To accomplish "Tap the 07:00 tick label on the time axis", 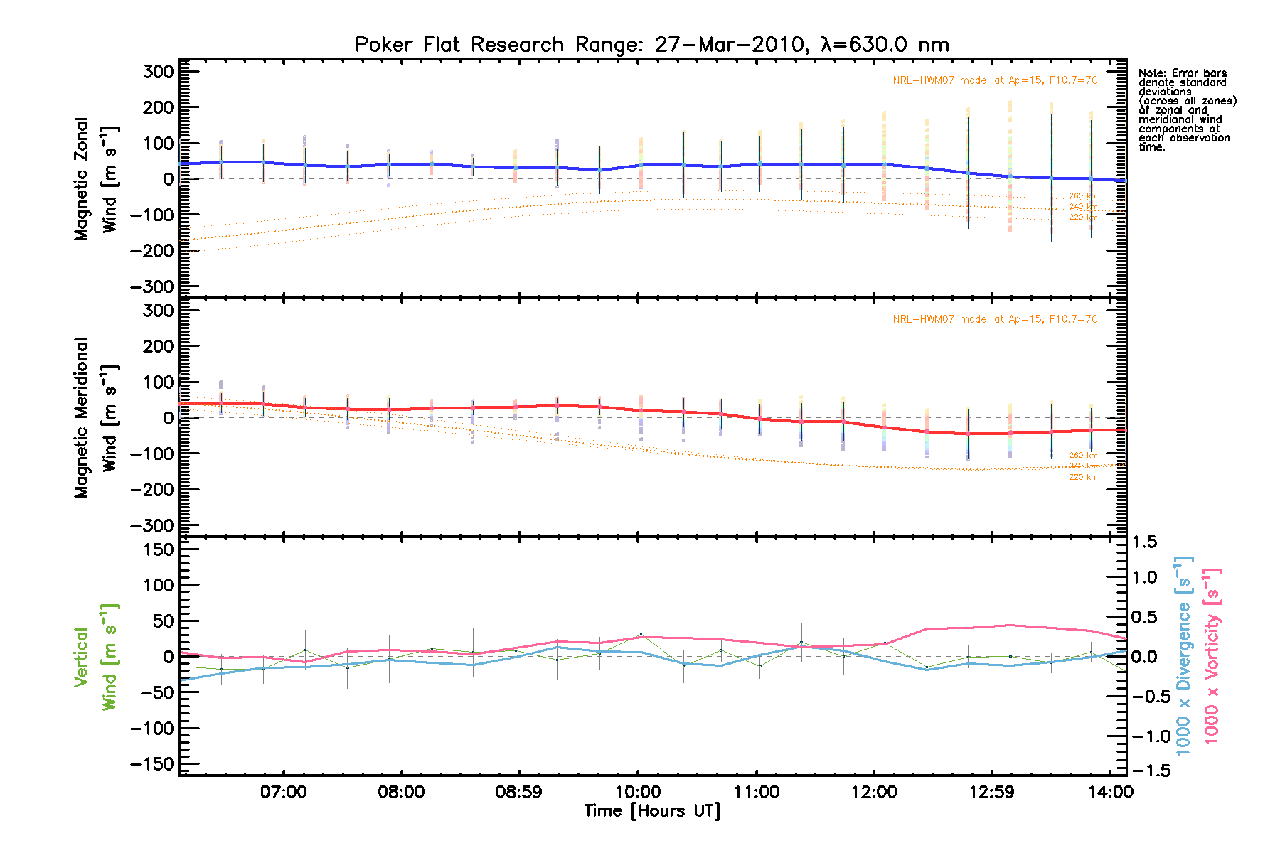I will (x=283, y=792).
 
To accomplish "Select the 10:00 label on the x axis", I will (x=638, y=792).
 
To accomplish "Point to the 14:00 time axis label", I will (x=1110, y=792).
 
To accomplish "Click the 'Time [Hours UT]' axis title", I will (x=651, y=811).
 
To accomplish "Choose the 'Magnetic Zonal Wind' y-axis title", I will (x=95, y=179).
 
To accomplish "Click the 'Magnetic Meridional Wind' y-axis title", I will (x=95, y=418).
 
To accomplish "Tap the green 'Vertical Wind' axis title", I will (x=95, y=657).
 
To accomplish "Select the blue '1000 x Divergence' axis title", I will (x=1183, y=655).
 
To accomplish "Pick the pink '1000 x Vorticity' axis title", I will (x=1212, y=655).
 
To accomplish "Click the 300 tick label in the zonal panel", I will (x=158, y=72).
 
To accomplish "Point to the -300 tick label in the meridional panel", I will (x=153, y=525).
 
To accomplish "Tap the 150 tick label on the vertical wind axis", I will (x=158, y=549).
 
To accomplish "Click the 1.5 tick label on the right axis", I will (x=1145, y=542).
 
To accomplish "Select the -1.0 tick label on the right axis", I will (x=1149, y=736).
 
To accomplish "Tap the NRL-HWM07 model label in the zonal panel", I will (x=995, y=80).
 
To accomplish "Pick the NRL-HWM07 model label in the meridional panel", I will (x=995, y=319).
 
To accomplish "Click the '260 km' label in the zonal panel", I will (x=1083, y=196).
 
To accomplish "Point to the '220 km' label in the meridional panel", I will (x=1083, y=477).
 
